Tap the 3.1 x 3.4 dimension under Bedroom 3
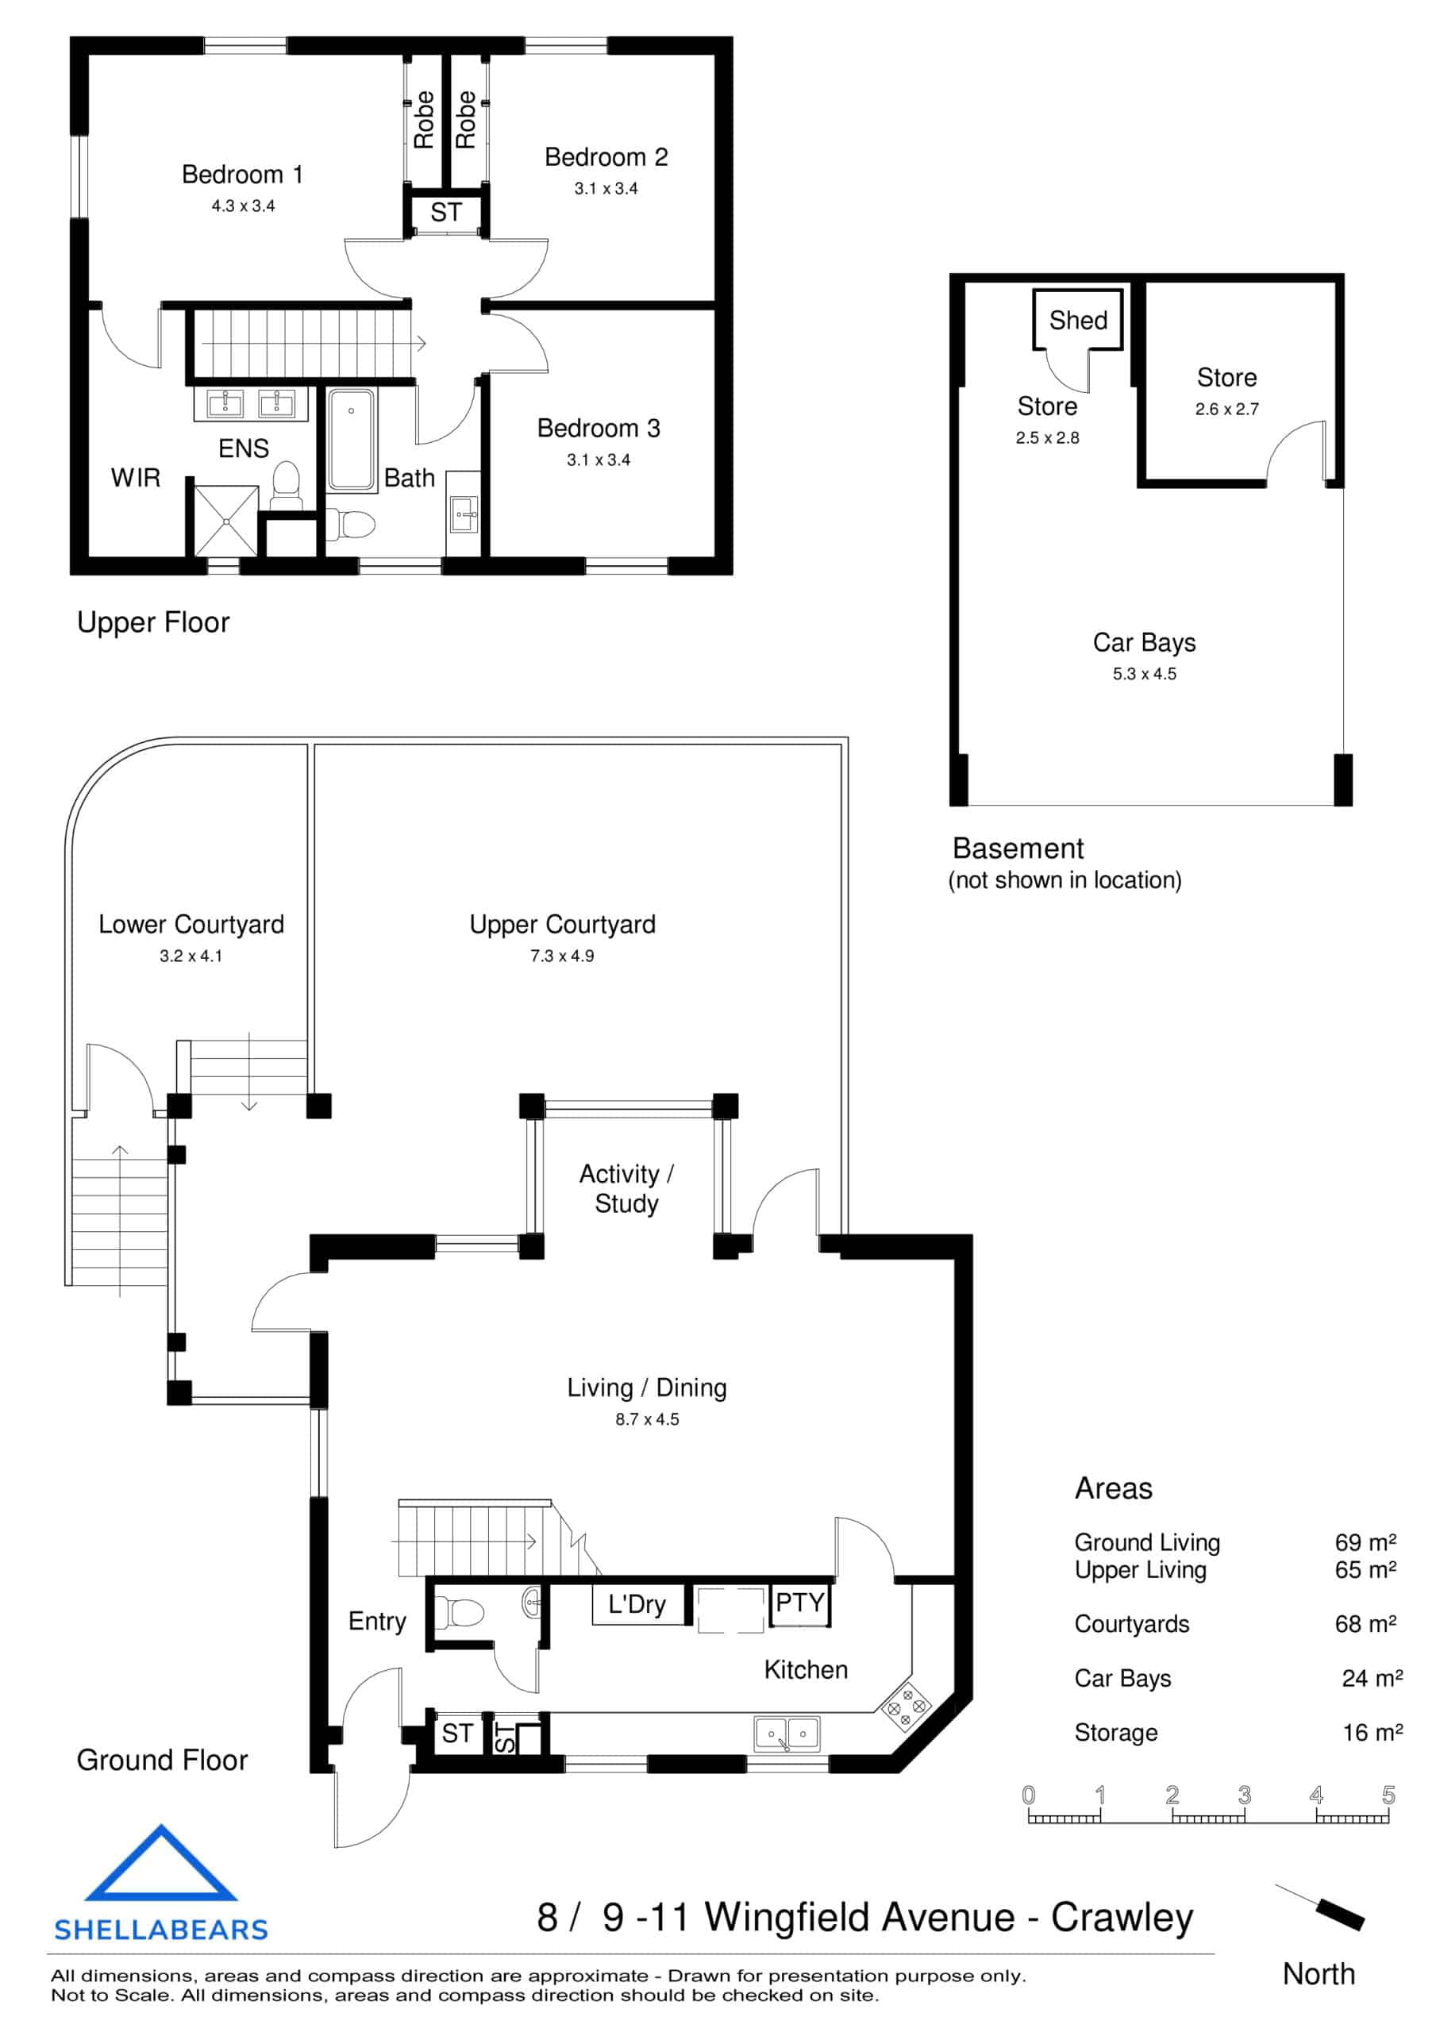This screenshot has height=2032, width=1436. coord(599,460)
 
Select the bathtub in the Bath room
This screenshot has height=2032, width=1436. coord(352,440)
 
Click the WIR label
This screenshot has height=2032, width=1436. coord(136,478)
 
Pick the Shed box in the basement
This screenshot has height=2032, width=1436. coord(1077,320)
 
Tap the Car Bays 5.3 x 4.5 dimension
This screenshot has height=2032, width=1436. coord(1144,674)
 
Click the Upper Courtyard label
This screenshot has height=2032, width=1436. coord(562,924)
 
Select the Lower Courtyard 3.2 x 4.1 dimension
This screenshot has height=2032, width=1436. coord(191,956)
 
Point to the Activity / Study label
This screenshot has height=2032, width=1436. coord(626,1188)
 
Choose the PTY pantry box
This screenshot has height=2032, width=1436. coord(799,1603)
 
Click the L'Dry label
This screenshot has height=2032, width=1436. coord(637,1604)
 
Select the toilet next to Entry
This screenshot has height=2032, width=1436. coord(460,1612)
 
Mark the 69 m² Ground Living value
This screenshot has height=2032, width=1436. coord(1365,1542)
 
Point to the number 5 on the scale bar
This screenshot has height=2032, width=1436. coord(1388,1795)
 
